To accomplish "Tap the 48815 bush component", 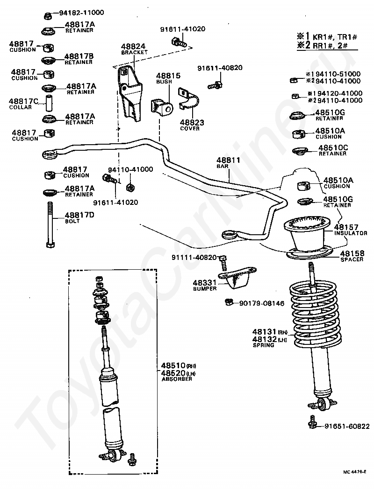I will tap(162, 108).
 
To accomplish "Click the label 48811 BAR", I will tap(228, 162).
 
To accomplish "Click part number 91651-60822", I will tap(347, 426).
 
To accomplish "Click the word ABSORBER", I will tap(177, 379).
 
